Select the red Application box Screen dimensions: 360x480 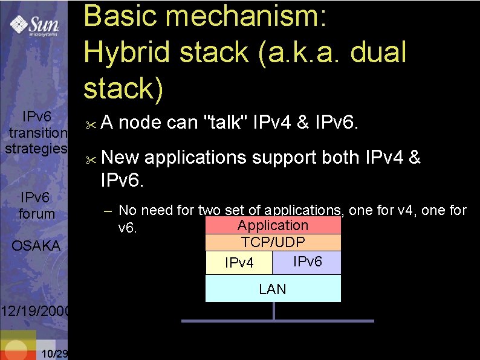tap(273, 225)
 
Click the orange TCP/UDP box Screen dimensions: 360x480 tap(273, 242)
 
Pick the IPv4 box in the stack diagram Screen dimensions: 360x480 tap(239, 263)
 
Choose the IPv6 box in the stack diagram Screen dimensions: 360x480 tap(308, 262)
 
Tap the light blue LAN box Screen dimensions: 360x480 tap(273, 289)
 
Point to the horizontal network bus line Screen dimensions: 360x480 tap(277, 320)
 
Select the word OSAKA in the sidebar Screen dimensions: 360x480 tap(36, 246)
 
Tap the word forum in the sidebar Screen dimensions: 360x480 tap(36, 214)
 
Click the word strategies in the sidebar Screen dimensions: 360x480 tap(36, 148)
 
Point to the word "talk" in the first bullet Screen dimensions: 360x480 tap(228, 123)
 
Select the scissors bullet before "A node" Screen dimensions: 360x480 tap(91, 125)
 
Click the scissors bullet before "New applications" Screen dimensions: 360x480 tap(91, 160)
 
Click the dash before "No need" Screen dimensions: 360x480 tap(107, 211)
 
